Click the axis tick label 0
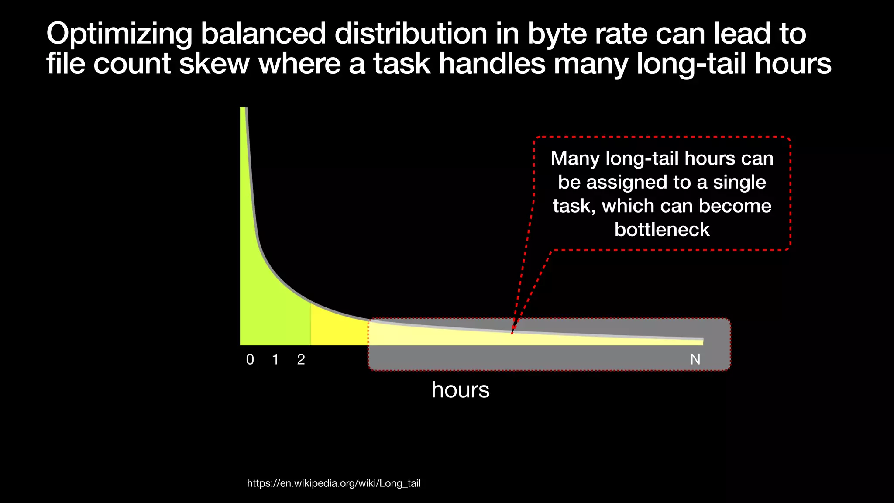coord(250,359)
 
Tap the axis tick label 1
coord(275,359)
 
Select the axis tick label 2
coord(301,359)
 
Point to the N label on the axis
coord(695,359)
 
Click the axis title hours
coord(460,389)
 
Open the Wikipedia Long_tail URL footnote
coord(334,483)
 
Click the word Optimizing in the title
coord(119,34)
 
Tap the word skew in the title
coord(214,64)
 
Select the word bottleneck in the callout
coord(662,230)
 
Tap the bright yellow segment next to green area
coord(336,330)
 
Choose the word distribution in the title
coord(411,34)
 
